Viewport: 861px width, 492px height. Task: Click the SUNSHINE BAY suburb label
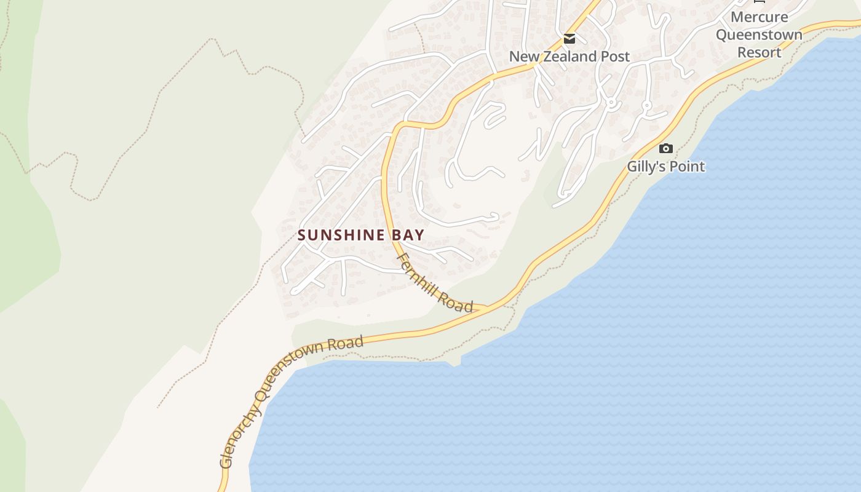[361, 235]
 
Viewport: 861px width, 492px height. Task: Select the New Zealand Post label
[569, 57]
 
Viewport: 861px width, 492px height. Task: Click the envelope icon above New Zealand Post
[569, 39]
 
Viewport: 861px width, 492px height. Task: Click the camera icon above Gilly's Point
[665, 148]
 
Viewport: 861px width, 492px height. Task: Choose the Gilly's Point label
[666, 167]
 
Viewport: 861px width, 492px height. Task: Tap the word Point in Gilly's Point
[688, 167]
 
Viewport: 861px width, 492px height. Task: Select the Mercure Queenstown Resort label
[759, 34]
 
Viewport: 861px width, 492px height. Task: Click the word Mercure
[759, 17]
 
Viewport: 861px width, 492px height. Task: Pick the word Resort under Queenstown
[759, 52]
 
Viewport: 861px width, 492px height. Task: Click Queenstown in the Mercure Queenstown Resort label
[759, 34]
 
